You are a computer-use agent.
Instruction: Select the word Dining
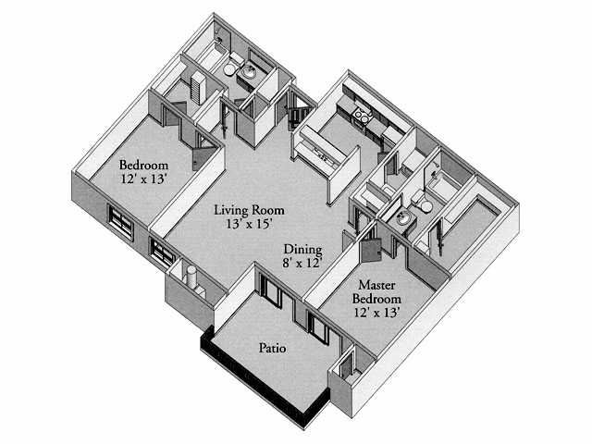(302, 249)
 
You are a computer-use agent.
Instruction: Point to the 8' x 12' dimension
(302, 263)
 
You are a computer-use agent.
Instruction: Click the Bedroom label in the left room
(142, 165)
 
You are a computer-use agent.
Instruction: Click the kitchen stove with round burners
(363, 117)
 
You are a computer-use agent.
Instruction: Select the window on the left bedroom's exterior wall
(120, 221)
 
